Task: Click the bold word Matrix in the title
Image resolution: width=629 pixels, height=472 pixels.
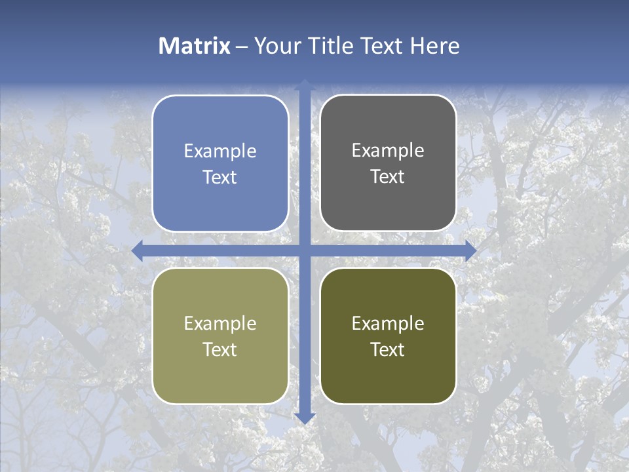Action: [195, 46]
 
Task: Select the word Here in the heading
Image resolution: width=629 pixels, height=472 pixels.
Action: [435, 46]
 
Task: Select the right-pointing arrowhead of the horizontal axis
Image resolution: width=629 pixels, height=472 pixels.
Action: [470, 251]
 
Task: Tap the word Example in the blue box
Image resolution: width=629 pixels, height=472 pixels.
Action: [220, 151]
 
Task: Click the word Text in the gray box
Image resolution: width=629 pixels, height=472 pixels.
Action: [388, 177]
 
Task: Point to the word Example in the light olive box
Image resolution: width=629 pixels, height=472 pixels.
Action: [220, 324]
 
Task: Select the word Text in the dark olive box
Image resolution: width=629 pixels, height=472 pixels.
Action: [388, 349]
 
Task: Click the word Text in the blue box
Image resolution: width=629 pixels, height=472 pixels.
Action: [220, 177]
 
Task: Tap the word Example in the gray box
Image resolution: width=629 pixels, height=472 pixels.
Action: [388, 151]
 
